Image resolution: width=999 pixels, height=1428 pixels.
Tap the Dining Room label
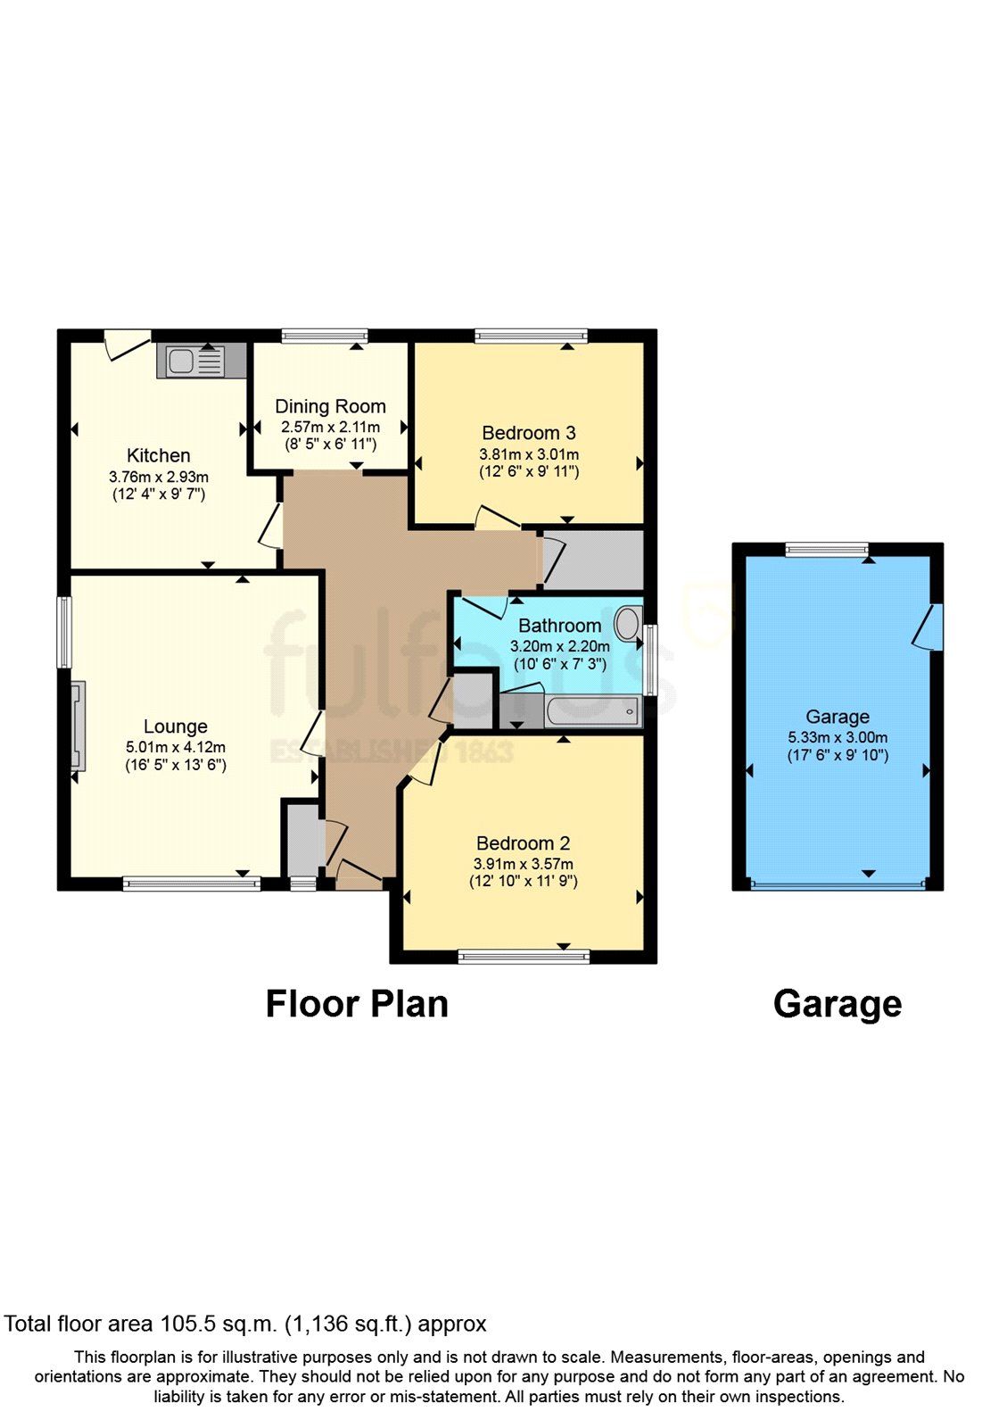coord(330,407)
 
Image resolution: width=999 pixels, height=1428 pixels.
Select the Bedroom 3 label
coord(529,433)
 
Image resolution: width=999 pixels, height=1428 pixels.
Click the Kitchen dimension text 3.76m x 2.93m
coord(159,477)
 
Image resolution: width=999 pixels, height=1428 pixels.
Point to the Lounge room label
coord(176,726)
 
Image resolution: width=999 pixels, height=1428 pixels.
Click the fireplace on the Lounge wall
coord(78,725)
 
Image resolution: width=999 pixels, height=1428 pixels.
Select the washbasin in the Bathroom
coord(628,622)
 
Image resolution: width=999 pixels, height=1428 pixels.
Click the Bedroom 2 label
coord(524,843)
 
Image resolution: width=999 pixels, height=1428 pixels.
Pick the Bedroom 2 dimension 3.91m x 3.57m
coord(524,864)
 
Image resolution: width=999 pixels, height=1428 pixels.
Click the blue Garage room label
coord(838,717)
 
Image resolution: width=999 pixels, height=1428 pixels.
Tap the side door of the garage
coord(929,627)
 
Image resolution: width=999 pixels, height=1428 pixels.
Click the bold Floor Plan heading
coord(357,1004)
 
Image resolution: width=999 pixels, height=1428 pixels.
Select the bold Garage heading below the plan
coord(838,1004)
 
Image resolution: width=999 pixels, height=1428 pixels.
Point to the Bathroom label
coord(559,626)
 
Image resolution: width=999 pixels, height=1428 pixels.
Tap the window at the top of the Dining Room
coord(325,336)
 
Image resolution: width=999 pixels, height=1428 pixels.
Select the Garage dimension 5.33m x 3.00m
coord(838,737)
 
